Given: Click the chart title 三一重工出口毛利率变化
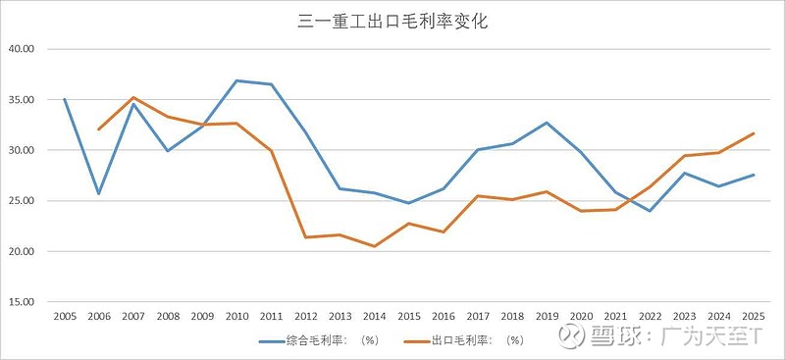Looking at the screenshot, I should click(x=392, y=21).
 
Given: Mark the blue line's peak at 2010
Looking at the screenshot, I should click(x=236, y=80).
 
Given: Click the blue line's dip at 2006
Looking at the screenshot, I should click(x=99, y=193).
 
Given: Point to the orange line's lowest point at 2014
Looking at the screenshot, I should click(x=374, y=246).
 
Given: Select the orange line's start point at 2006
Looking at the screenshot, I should click(x=99, y=129).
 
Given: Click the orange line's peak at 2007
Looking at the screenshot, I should click(x=133, y=97).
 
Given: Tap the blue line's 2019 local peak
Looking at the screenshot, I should click(x=546, y=123).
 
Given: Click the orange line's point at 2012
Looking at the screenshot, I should click(x=305, y=237).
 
